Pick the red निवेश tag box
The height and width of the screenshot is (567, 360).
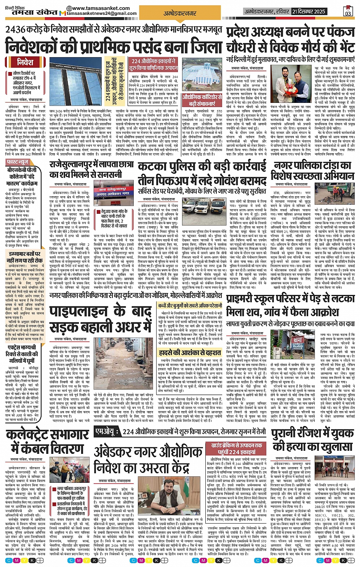(x=25, y=62)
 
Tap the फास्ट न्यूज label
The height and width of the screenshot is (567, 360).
(x=18, y=162)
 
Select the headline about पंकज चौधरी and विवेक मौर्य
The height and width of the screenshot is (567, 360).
(x=290, y=40)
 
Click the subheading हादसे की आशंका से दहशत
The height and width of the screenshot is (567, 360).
(x=190, y=352)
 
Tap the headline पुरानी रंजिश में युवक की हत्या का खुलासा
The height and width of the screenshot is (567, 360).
(x=313, y=440)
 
